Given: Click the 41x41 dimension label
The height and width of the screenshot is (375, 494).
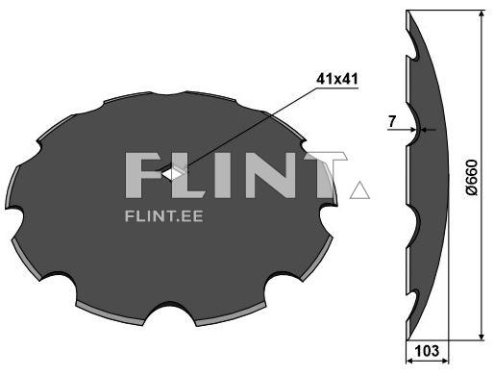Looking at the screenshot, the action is tap(337, 79).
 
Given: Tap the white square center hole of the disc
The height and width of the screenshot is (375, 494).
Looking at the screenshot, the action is tap(173, 173).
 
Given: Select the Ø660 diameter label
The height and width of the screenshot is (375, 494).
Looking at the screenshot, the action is tap(472, 177).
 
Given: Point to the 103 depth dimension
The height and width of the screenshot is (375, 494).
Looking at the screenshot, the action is tap(427, 351).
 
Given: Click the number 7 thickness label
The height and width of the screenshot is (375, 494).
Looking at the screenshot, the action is tap(392, 121).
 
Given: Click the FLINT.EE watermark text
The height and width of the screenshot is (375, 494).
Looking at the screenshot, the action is tap(163, 216).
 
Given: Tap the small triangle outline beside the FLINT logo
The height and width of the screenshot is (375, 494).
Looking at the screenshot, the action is tap(359, 189).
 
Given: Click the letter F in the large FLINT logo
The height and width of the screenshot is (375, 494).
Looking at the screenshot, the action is tap(142, 175).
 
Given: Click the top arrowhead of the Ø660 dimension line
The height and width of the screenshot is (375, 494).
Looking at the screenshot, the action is tap(481, 13).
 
